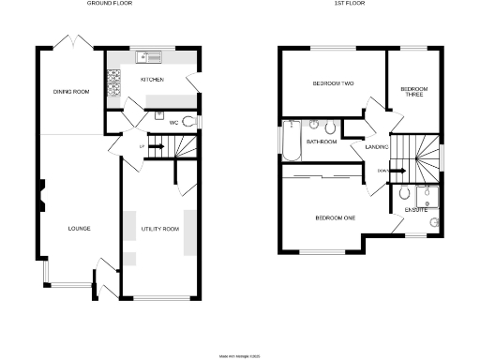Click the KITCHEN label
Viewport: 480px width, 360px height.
[x=152, y=80]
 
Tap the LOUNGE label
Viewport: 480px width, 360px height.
[x=78, y=228]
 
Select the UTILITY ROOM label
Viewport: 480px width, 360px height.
[x=153, y=228]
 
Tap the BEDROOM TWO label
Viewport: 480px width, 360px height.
[x=333, y=84]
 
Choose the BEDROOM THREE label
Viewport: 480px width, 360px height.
[x=413, y=92]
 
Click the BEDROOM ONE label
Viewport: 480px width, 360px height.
[x=334, y=218]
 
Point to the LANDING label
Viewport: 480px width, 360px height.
[x=365, y=146]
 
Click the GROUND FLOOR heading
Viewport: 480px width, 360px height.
[x=108, y=4]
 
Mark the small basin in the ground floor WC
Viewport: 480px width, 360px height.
[x=160, y=114]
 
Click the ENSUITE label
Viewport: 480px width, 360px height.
[x=416, y=210]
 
